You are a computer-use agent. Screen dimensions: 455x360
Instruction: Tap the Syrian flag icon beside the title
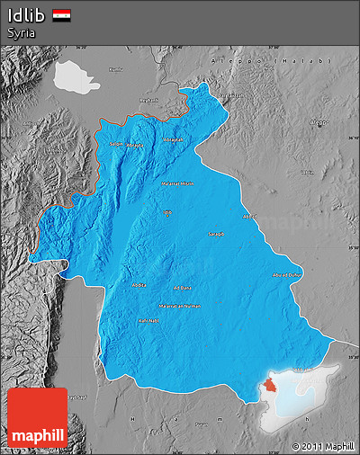coord(62,15)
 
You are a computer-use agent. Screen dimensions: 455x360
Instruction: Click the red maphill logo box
coord(37,417)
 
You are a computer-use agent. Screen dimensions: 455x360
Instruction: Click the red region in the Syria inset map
coord(269,387)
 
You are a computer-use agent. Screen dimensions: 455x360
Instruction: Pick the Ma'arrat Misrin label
coord(176,183)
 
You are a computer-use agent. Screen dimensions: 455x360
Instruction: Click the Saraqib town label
coord(216,234)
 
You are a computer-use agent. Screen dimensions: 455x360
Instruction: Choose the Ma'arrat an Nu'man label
coord(180,306)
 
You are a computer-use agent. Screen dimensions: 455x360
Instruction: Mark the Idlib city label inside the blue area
coord(167,212)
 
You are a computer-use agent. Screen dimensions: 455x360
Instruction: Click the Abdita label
coord(138,286)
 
